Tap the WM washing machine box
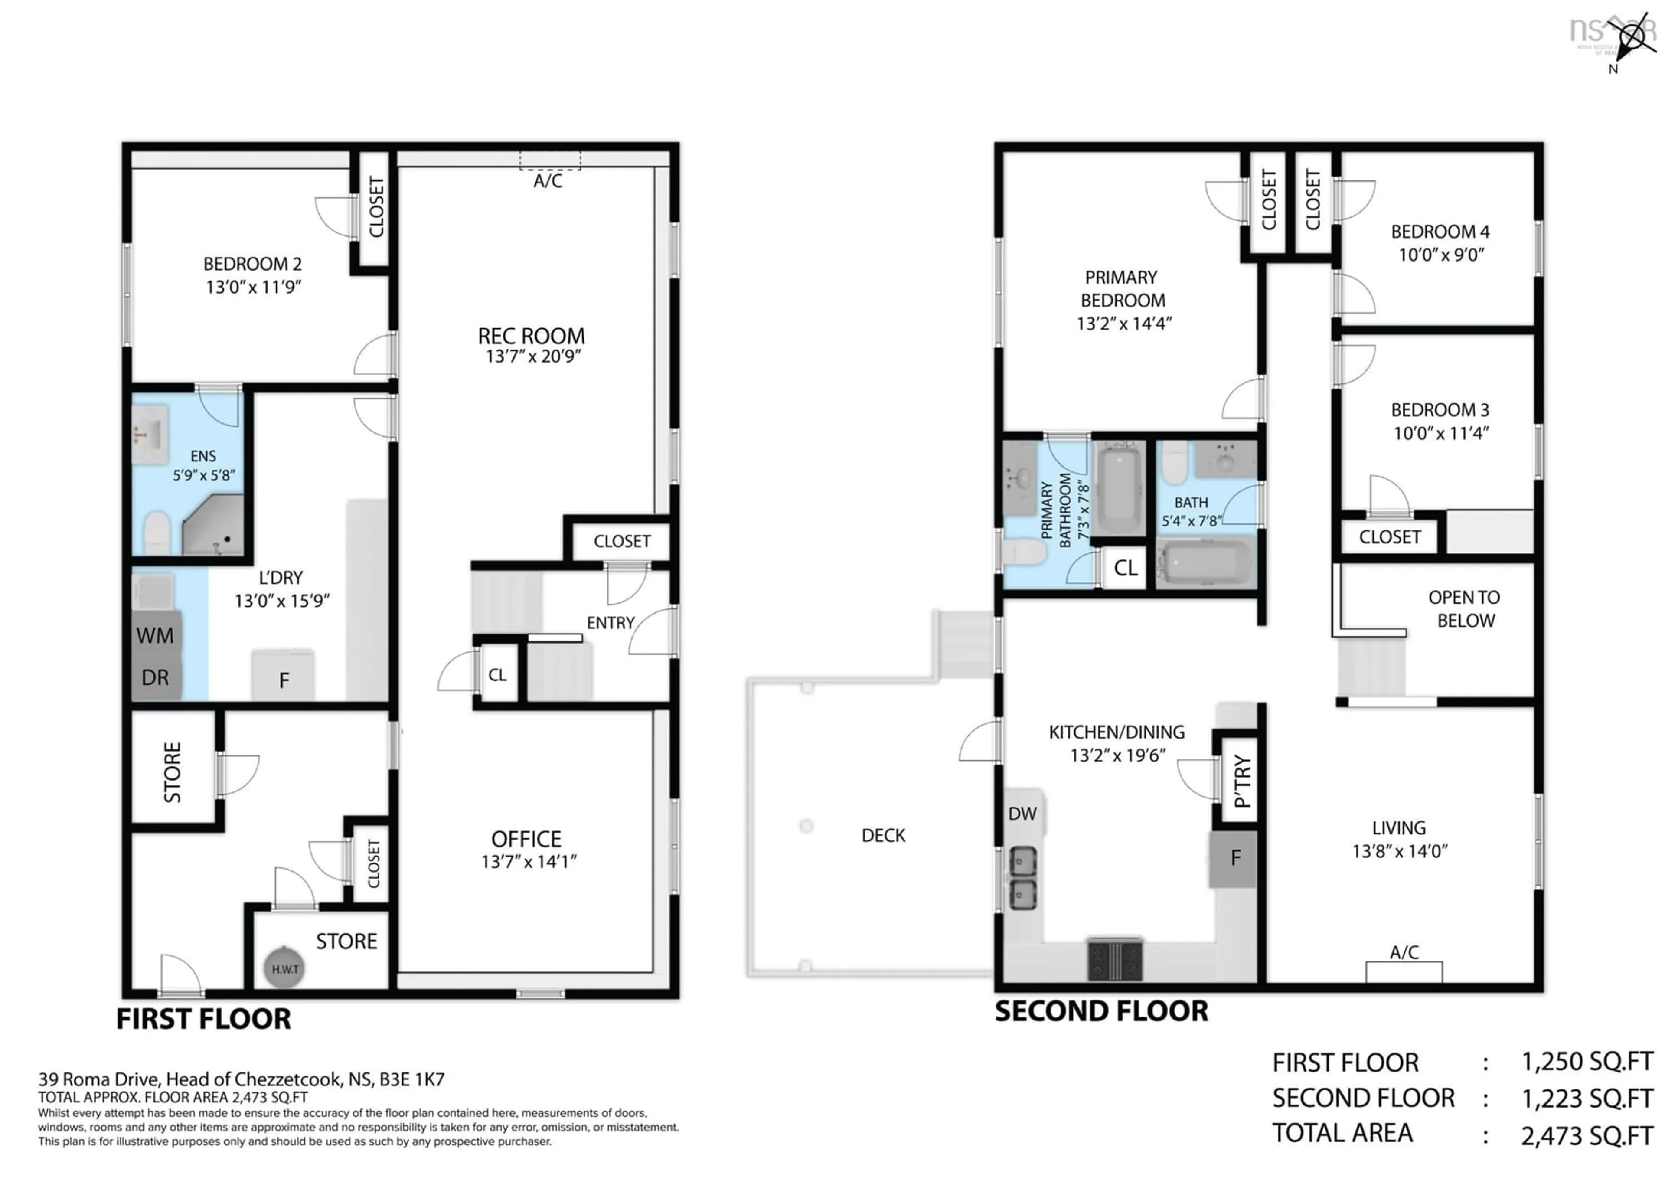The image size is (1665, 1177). [155, 636]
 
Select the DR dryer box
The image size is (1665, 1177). [155, 677]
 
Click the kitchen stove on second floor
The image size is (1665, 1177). [1115, 959]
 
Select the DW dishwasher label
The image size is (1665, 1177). [1022, 814]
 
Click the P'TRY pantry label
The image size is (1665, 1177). [1241, 782]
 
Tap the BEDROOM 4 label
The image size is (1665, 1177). [1440, 232]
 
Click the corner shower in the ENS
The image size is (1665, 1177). [214, 526]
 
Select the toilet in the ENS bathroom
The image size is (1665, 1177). [157, 533]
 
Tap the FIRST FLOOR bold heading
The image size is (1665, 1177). [204, 1019]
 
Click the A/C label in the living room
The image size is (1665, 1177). [1404, 952]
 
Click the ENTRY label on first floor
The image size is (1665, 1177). [610, 623]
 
